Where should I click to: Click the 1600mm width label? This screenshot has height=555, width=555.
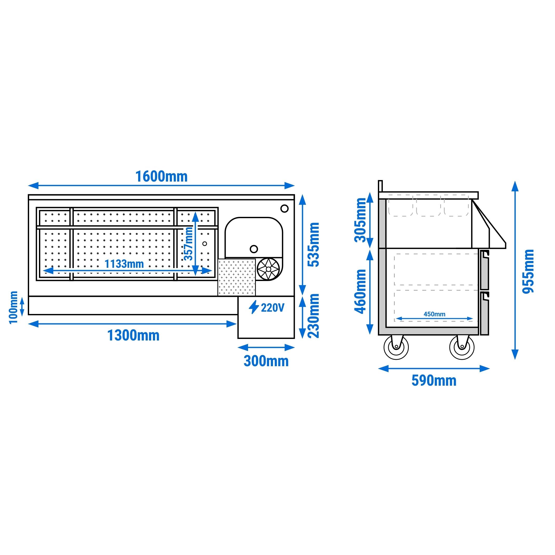tap(161, 176)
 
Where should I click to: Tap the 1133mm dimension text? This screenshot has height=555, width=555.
tap(124, 264)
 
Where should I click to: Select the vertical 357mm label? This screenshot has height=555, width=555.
tap(189, 243)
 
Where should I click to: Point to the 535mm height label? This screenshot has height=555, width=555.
tap(313, 245)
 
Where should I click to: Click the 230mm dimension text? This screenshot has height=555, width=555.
tap(313, 316)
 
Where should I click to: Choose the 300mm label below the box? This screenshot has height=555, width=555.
tap(266, 361)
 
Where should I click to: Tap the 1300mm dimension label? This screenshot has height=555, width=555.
tap(133, 335)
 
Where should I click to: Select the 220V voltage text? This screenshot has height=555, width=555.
tap(272, 308)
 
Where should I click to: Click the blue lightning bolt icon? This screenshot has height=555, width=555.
tap(254, 307)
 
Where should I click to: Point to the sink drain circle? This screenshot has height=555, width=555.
tap(254, 249)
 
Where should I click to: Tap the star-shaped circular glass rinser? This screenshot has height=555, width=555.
tap(268, 269)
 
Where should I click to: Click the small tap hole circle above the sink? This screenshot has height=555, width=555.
tap(284, 209)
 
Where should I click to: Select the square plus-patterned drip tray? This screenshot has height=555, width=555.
tap(236, 277)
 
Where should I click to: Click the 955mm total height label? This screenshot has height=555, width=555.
tap(528, 271)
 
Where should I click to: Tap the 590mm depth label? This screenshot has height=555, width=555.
tap(434, 381)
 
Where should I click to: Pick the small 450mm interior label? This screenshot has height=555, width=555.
tap(434, 314)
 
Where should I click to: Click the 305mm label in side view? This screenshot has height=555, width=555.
tap(360, 220)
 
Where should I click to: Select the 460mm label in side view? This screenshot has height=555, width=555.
tap(360, 291)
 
